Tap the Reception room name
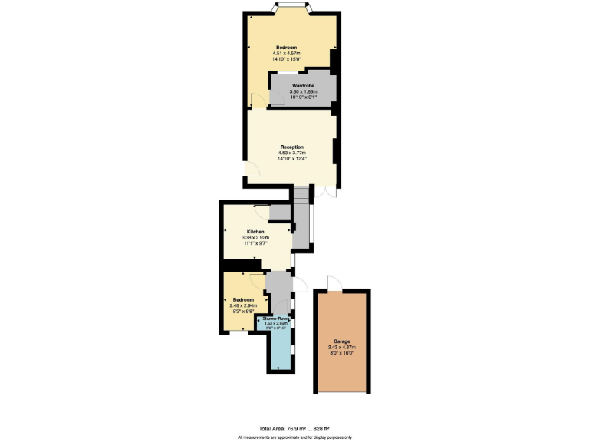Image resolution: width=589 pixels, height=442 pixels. pyautogui.click(x=291, y=147)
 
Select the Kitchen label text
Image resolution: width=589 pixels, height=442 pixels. pyautogui.click(x=255, y=232)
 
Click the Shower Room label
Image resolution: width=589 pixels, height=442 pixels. pyautogui.click(x=276, y=318)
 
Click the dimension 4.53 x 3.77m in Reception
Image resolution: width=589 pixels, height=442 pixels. pyautogui.click(x=291, y=153)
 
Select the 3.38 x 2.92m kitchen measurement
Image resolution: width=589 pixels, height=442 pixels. pyautogui.click(x=255, y=238)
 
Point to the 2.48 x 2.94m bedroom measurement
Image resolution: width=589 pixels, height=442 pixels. pyautogui.click(x=243, y=305)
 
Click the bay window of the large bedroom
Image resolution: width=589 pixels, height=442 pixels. pyautogui.click(x=291, y=8)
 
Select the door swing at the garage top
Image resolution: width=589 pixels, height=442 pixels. pyautogui.click(x=333, y=283)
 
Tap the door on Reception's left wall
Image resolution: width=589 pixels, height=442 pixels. pyautogui.click(x=252, y=173)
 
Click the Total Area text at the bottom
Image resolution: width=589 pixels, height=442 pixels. pyautogui.click(x=294, y=427)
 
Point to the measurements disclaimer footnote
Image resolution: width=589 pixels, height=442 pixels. pyautogui.click(x=294, y=437)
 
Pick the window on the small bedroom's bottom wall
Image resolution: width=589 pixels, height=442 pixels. pyautogui.click(x=239, y=332)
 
